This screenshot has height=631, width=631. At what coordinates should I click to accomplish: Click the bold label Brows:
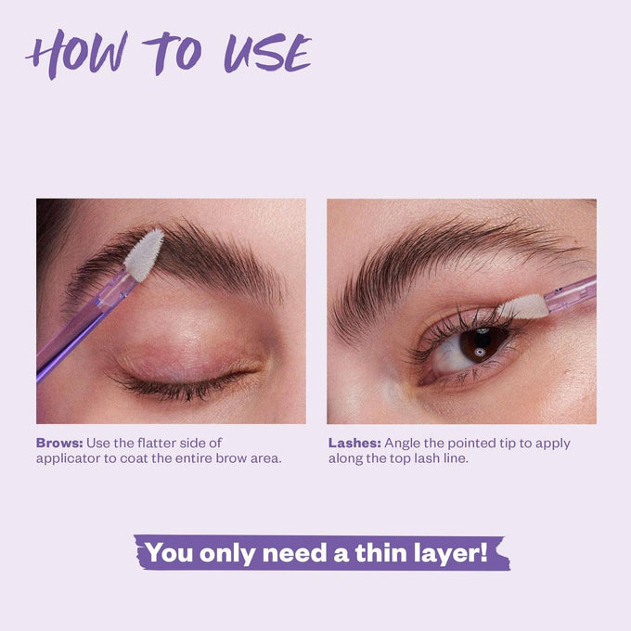[58, 443]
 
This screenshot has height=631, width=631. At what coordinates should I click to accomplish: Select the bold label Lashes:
[354, 443]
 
